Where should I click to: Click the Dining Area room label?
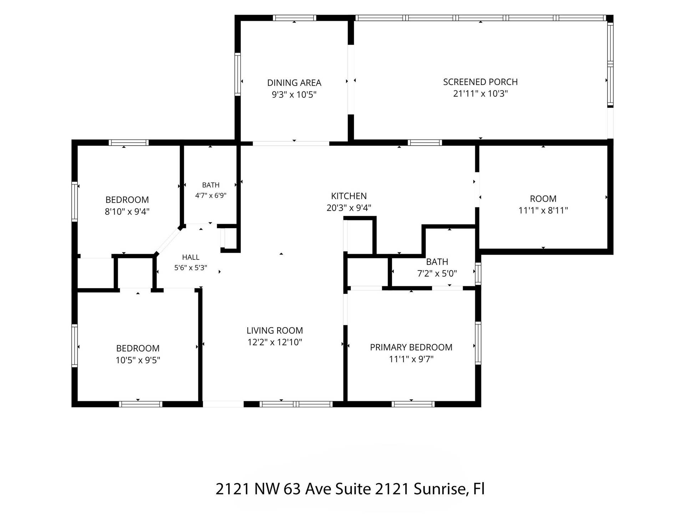tap(294, 83)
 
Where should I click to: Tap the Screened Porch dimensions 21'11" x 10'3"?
tap(480, 94)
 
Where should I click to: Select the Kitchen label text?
tap(349, 196)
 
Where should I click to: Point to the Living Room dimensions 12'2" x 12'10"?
tap(275, 342)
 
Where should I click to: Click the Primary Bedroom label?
tap(411, 347)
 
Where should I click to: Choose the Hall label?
tap(191, 257)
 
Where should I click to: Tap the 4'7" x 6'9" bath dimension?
tap(210, 196)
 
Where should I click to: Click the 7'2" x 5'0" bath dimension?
tap(437, 273)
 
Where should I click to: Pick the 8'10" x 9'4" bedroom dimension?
tap(127, 212)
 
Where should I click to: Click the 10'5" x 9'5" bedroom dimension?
tap(138, 360)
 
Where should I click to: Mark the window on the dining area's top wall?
tap(295, 18)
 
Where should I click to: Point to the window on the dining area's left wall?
tap(238, 74)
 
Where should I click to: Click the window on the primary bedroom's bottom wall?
tap(413, 404)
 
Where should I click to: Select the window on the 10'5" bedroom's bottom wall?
tap(140, 404)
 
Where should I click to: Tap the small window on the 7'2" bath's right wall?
tap(478, 273)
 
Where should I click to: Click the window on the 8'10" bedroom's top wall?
tap(128, 142)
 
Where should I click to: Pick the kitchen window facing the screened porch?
tap(425, 142)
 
